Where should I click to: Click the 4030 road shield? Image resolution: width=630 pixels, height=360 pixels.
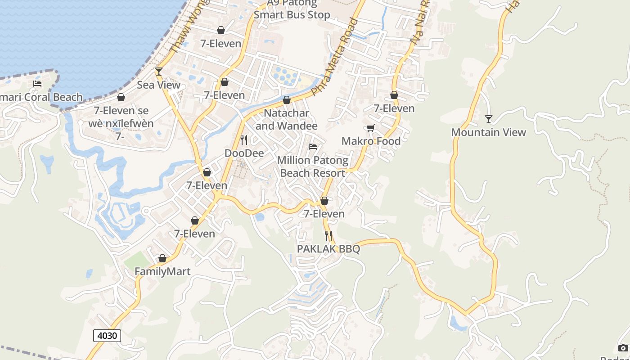point(107,336)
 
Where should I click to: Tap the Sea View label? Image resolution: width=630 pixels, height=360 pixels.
point(158,85)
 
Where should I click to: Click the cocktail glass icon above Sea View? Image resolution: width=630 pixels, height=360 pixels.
point(158,71)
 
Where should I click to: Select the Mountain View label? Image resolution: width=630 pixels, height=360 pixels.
point(488,132)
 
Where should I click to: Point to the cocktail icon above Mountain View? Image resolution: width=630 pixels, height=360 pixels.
point(489,119)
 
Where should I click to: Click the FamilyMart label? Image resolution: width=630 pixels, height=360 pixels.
point(162,272)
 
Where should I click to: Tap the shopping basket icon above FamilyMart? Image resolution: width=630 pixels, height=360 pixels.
point(162,259)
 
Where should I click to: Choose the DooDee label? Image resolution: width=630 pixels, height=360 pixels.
point(244,153)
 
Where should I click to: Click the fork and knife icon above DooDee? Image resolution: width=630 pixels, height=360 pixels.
point(244,140)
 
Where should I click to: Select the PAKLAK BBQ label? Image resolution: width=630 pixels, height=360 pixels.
point(328,249)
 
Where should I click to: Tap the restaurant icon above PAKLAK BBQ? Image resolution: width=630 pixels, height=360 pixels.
point(328,236)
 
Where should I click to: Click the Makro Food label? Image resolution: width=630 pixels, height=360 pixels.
point(371,141)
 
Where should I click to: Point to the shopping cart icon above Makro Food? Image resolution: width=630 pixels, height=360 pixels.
point(371,128)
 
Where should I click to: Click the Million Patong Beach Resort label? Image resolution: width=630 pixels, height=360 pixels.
point(313,166)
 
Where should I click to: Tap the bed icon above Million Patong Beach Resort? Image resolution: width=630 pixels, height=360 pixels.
point(313,147)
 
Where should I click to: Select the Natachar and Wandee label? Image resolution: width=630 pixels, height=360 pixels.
point(287,119)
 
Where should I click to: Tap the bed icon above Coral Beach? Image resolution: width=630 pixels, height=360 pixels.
point(37,84)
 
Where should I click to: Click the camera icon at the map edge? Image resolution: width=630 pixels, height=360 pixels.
point(623,348)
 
